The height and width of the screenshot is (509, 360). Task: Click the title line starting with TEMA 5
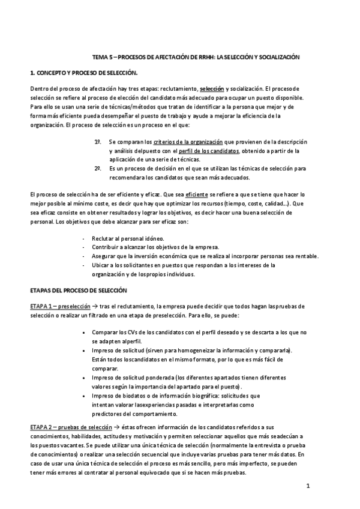point(196,56)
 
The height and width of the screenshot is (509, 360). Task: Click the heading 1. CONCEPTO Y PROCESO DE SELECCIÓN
point(83,73)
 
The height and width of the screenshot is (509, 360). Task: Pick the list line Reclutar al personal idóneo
point(128,239)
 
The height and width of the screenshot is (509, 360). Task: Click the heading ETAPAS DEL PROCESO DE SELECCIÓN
point(79,290)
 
